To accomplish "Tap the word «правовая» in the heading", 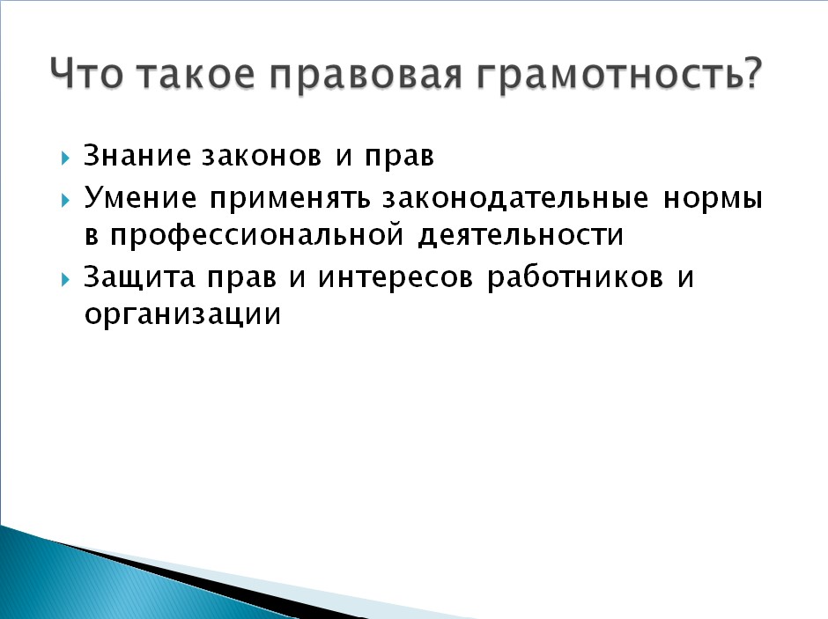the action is [366, 76].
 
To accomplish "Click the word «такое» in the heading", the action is [196, 74].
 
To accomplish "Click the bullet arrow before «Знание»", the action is [65, 158].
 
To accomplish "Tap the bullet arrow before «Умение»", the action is [65, 200].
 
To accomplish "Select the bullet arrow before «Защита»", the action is [65, 279].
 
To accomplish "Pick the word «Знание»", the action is [137, 156].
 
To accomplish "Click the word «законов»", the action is [262, 157].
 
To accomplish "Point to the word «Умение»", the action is [140, 198].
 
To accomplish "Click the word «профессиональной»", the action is [257, 236].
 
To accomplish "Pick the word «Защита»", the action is [139, 278].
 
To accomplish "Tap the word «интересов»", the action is [396, 279].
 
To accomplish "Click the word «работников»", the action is [575, 278].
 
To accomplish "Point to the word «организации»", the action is [182, 315].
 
